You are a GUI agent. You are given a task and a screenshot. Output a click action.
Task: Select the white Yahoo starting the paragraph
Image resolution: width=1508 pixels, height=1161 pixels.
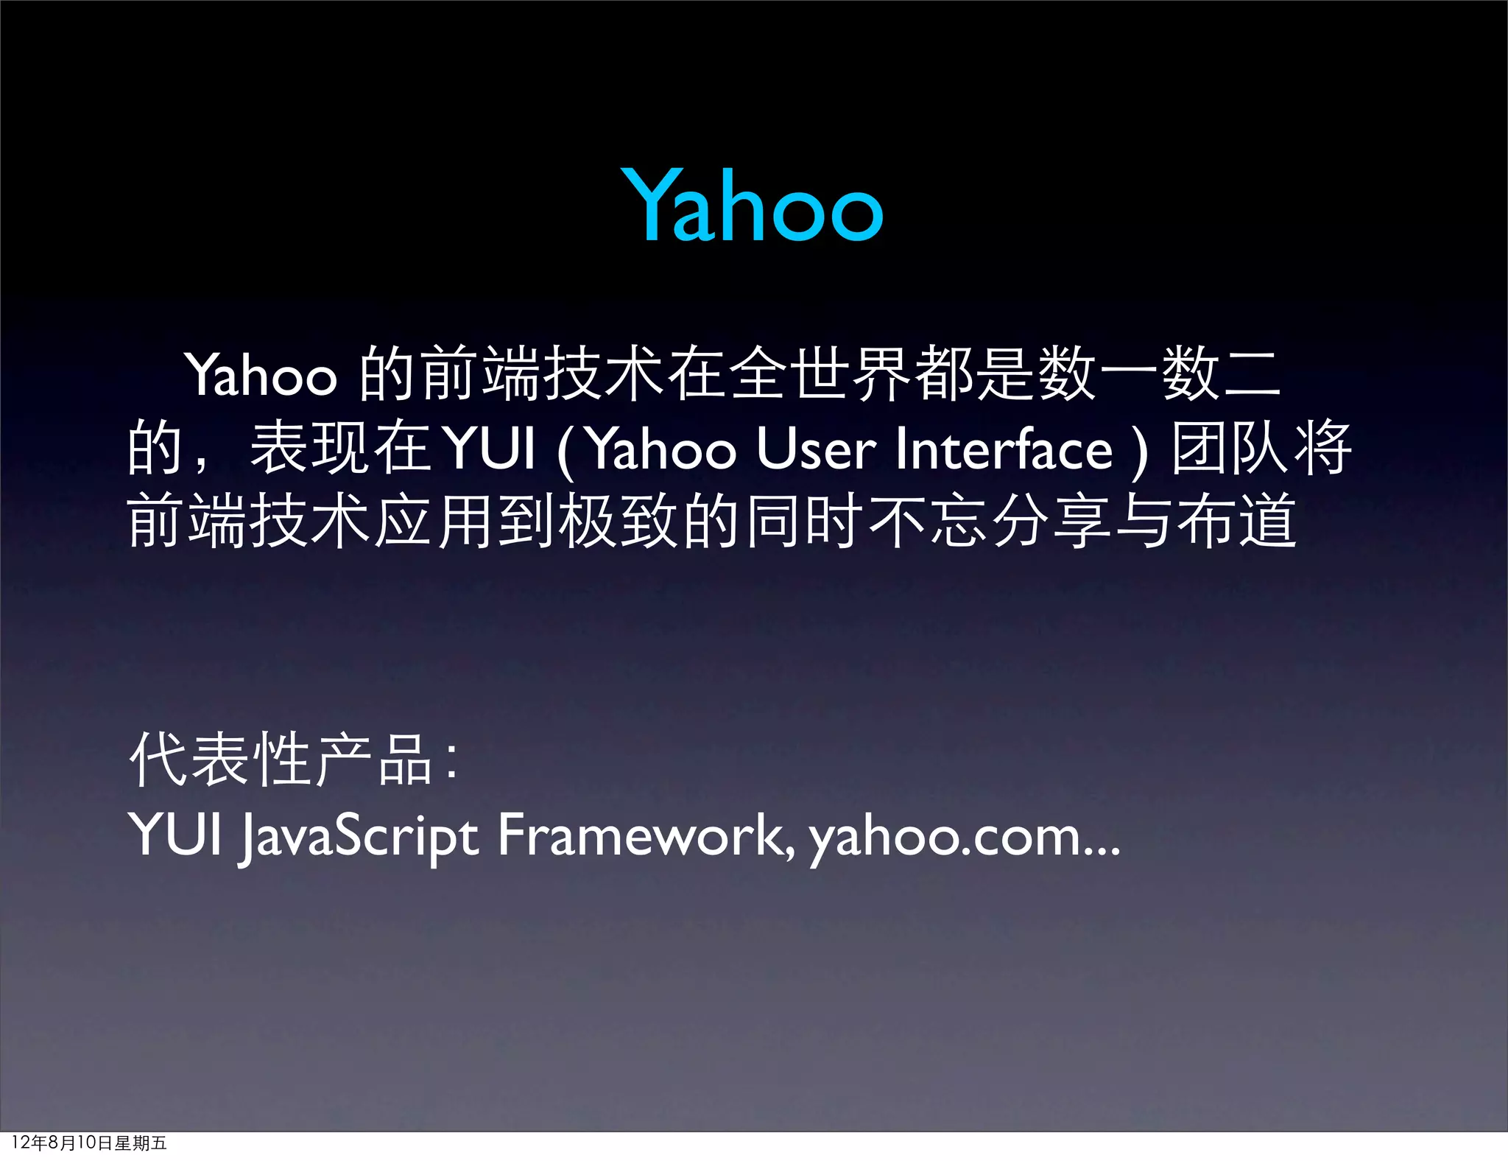pos(261,375)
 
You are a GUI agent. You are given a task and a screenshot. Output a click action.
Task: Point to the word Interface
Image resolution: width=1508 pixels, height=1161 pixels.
pos(1004,449)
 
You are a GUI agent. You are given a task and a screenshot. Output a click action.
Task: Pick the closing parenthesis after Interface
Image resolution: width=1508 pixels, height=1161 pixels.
pos(1141,451)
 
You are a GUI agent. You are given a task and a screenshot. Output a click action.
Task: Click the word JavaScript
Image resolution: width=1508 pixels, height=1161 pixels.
pos(359,836)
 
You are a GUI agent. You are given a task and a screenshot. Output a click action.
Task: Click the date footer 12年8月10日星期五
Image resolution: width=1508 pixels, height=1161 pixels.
pos(89,1143)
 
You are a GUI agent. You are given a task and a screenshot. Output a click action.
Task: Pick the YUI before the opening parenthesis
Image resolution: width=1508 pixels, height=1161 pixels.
pos(490,449)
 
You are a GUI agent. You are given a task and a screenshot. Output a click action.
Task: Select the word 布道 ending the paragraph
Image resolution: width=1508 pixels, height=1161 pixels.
pos(1237,521)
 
